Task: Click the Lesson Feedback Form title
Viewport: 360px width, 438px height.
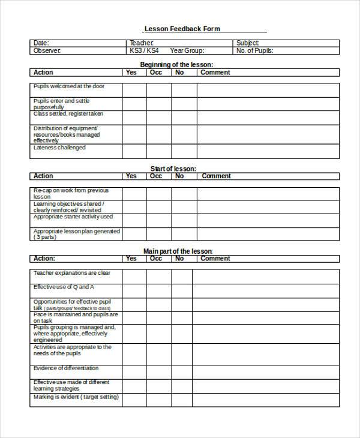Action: tap(182, 29)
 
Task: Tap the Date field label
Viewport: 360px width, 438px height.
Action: tap(41, 43)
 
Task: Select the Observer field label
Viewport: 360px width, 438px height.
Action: tap(47, 51)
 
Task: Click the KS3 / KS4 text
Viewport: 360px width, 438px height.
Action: tap(145, 51)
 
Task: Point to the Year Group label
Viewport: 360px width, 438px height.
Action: tap(187, 51)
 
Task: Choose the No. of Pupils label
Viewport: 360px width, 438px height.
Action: tap(254, 51)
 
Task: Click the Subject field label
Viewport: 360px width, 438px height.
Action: tap(248, 43)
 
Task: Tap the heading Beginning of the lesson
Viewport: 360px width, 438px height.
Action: tap(176, 64)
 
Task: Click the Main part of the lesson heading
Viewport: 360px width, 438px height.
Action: tap(178, 251)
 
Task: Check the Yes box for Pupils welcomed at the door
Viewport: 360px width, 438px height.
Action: tap(134, 90)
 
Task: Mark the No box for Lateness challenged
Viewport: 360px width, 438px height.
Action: tap(182, 151)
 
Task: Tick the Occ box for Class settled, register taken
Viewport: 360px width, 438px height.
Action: tap(159, 117)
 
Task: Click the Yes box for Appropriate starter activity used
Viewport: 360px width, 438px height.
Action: tap(134, 220)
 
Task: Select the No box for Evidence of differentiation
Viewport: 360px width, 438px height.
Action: tap(182, 371)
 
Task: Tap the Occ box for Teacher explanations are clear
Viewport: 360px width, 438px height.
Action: tap(159, 276)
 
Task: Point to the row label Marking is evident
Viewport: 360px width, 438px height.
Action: tap(76, 397)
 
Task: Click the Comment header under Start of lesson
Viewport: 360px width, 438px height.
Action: tap(216, 176)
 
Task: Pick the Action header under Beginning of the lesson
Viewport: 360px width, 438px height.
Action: tap(43, 73)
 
